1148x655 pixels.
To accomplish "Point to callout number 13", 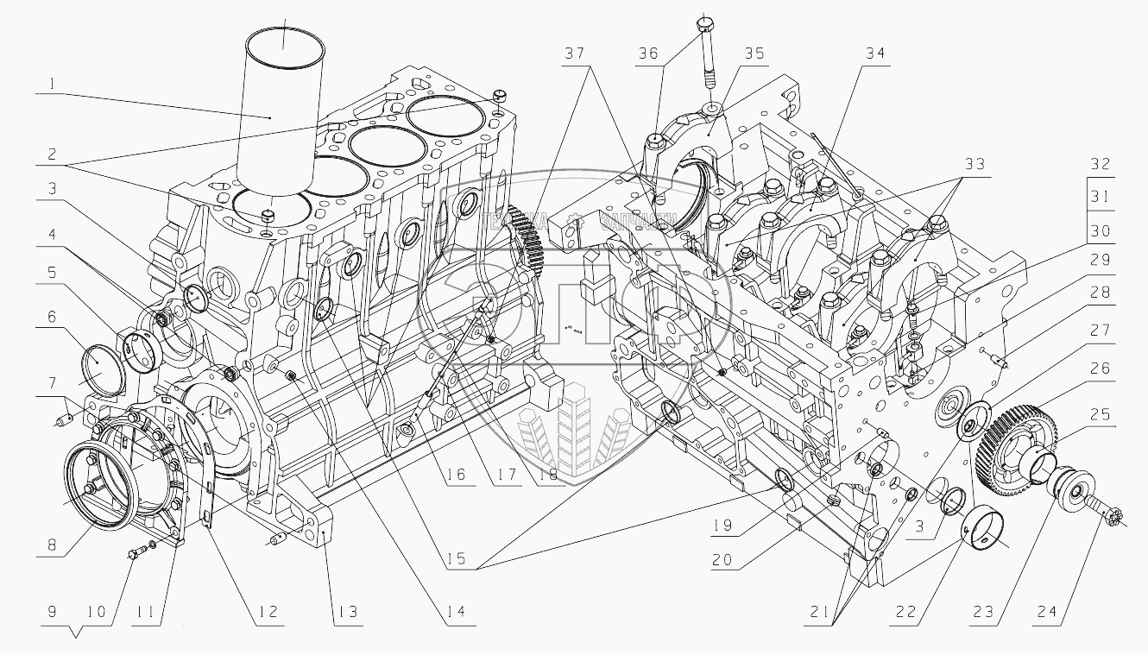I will [x=347, y=612].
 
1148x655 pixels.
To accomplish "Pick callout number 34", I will [x=877, y=54].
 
